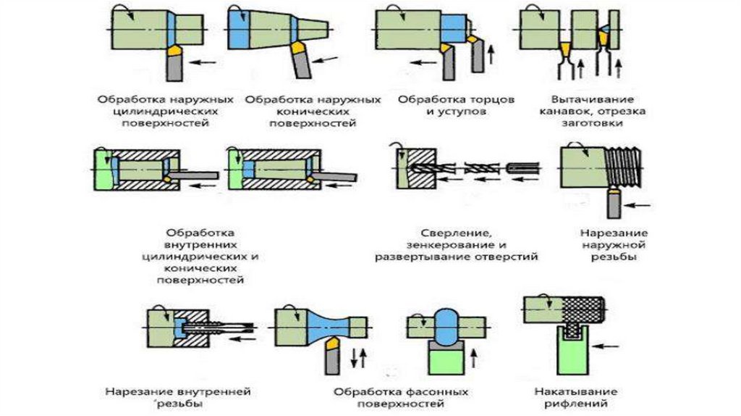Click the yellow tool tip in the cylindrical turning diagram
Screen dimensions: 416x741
tap(176, 52)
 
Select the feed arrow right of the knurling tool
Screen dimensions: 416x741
tap(610, 347)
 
